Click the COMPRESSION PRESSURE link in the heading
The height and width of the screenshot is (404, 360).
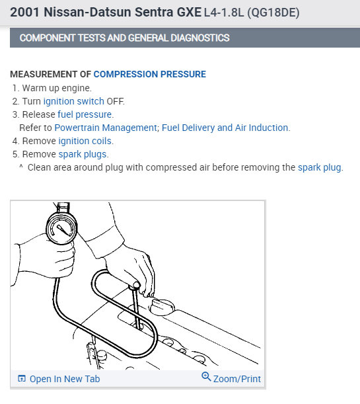click(149, 74)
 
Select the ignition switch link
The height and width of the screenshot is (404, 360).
click(73, 101)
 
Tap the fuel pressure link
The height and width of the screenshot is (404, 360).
click(85, 114)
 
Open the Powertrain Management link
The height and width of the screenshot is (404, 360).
click(106, 128)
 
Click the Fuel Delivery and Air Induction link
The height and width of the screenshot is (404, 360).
click(225, 128)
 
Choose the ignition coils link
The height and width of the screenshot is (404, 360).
click(85, 141)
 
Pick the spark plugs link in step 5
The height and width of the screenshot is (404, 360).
click(83, 154)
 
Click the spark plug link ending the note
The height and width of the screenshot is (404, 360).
click(319, 167)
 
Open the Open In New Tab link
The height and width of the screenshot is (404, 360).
click(65, 379)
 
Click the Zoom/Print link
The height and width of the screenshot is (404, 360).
click(237, 379)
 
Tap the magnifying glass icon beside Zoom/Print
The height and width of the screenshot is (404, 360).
click(206, 377)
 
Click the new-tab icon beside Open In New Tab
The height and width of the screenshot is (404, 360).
click(22, 378)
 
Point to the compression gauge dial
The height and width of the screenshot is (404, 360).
click(61, 228)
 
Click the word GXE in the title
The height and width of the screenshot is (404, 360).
click(189, 12)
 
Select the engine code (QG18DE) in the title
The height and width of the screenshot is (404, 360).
click(273, 13)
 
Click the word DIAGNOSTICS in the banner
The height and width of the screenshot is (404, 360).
click(200, 38)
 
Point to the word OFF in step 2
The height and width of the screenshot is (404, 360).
click(115, 101)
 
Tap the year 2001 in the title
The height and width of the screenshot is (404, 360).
click(25, 12)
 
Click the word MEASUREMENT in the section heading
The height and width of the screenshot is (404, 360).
click(44, 74)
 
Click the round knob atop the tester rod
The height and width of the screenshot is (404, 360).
click(135, 285)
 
